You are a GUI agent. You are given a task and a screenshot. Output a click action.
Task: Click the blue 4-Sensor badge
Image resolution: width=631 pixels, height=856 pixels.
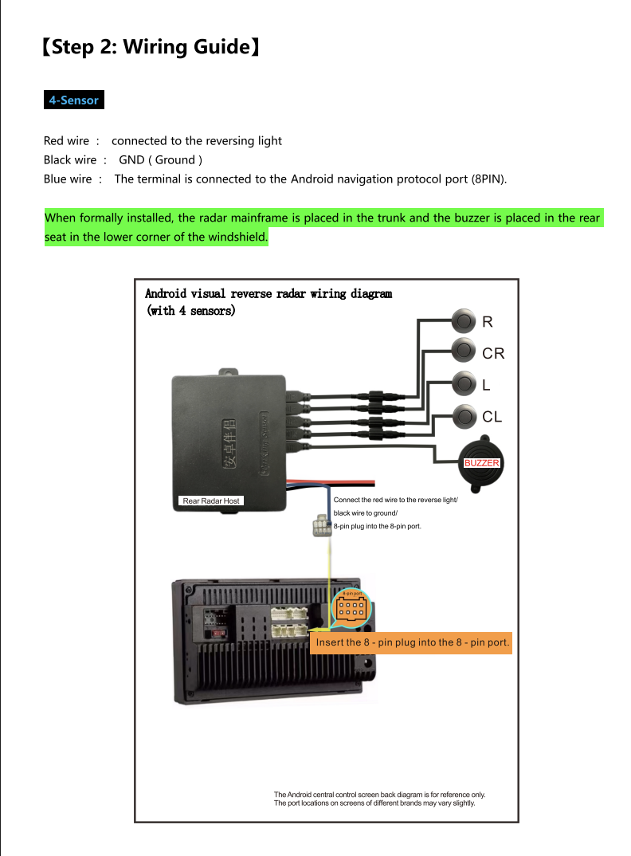coord(73,100)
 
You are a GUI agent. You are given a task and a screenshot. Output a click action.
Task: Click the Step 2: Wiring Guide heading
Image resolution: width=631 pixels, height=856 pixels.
coord(151,47)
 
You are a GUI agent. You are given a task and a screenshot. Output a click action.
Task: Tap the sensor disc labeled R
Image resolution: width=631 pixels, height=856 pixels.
coord(463,321)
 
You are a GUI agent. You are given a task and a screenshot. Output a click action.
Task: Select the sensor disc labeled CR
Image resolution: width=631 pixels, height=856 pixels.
coord(463,349)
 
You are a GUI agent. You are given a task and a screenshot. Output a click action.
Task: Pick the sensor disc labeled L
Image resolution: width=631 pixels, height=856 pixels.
coord(463,383)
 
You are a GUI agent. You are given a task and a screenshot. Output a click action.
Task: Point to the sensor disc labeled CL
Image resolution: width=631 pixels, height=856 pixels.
coord(463,415)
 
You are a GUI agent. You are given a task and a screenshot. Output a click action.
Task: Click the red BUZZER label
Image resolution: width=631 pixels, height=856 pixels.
coord(482,463)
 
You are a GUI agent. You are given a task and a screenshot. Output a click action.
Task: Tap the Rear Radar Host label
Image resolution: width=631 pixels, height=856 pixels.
coord(210,501)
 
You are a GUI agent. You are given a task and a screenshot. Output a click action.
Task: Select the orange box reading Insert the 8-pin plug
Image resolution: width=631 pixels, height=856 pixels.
coord(410,642)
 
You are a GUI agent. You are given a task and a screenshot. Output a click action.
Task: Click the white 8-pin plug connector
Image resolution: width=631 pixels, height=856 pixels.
coord(320,526)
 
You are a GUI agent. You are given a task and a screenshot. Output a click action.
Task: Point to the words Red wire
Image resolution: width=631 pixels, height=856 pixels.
coord(66,141)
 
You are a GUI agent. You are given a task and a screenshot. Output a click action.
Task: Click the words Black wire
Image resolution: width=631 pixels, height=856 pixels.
coord(69,160)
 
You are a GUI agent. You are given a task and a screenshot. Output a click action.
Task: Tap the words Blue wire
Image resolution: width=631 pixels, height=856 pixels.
coord(68,179)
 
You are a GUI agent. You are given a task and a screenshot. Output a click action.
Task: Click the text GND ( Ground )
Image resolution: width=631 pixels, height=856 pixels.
coord(160,160)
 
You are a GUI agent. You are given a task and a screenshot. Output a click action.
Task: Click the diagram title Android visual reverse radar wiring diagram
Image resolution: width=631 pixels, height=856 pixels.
coord(268,293)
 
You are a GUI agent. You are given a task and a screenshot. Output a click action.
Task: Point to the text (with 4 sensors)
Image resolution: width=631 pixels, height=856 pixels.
coord(190,310)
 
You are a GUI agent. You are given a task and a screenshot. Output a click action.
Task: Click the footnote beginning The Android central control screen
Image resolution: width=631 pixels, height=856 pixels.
coord(379,799)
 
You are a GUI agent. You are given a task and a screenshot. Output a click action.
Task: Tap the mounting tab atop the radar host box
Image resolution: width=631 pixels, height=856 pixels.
coord(229,371)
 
